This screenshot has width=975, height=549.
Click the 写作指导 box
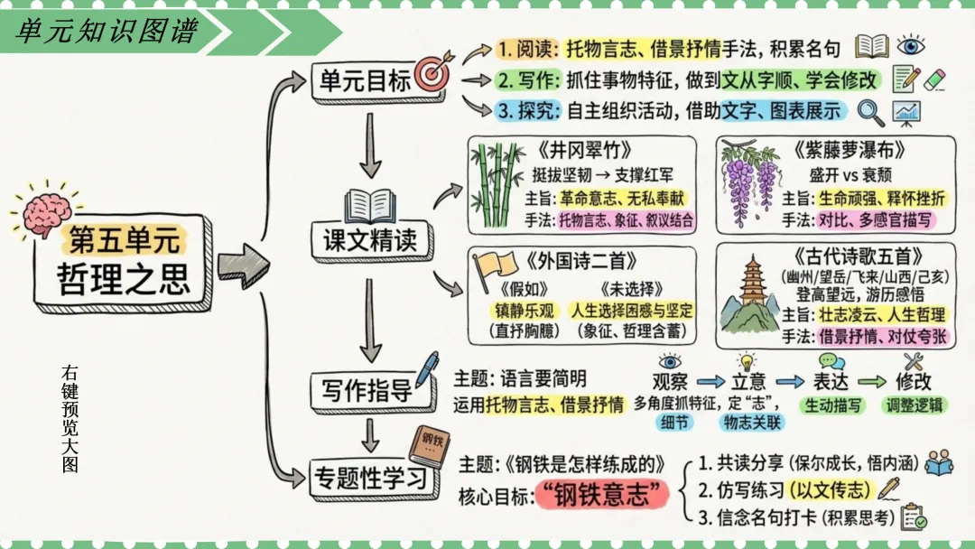(x=367, y=390)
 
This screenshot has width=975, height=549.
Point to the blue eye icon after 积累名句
(x=911, y=47)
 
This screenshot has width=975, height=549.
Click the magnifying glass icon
(x=871, y=112)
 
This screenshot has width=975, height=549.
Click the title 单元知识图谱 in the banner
(x=107, y=31)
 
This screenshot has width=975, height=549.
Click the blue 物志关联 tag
(x=751, y=421)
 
